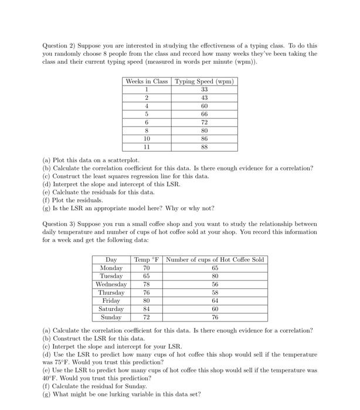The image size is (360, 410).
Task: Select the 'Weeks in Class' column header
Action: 146,81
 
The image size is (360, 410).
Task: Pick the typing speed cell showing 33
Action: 204,90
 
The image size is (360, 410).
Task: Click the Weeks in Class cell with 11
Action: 146,148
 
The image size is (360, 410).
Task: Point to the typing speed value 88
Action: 204,148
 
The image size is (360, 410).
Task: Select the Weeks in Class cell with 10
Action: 146,139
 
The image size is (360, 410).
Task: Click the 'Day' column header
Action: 111,259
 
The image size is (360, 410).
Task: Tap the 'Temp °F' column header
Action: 146,259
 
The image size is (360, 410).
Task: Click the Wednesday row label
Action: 111,284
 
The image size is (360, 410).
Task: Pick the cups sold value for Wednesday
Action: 215,284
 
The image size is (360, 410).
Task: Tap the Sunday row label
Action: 111,317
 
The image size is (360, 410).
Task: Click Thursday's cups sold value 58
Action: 215,292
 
